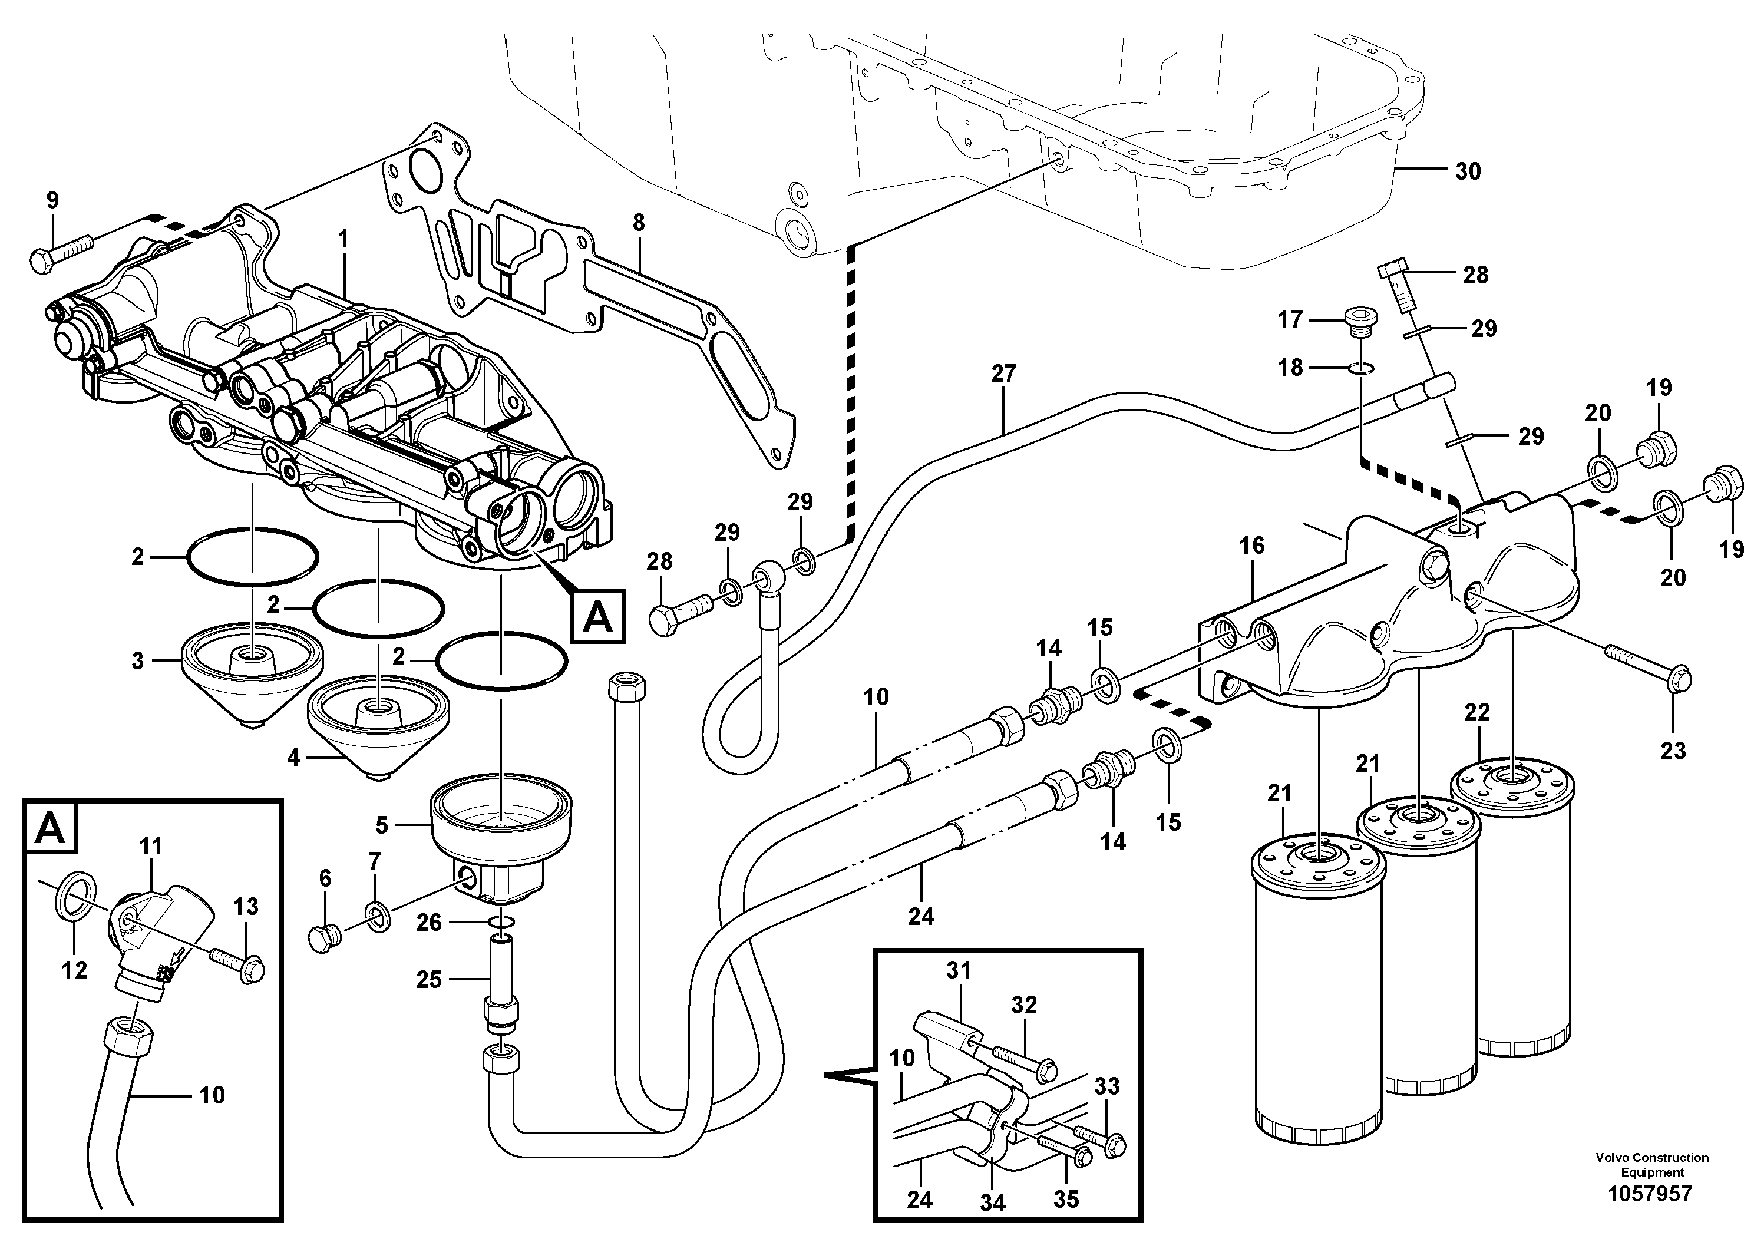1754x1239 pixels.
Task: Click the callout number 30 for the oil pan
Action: coord(1468,171)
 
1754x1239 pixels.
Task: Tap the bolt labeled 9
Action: coord(61,252)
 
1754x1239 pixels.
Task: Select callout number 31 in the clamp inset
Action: coord(958,971)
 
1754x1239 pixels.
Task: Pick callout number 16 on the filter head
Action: coord(1251,546)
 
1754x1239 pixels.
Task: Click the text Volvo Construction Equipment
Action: coord(1650,1165)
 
